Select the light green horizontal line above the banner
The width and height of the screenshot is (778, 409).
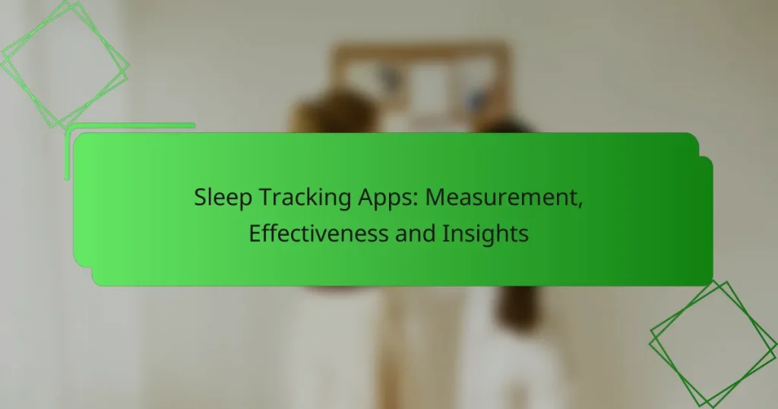(x=129, y=126)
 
